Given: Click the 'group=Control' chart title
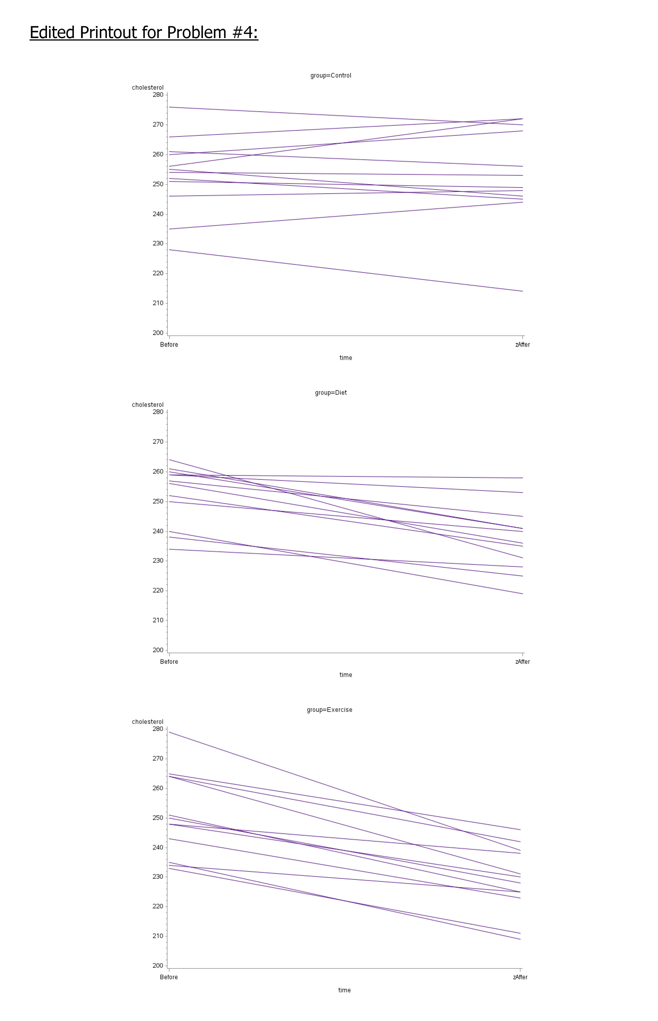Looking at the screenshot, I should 331,76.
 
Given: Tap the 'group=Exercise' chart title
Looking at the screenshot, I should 329,710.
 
